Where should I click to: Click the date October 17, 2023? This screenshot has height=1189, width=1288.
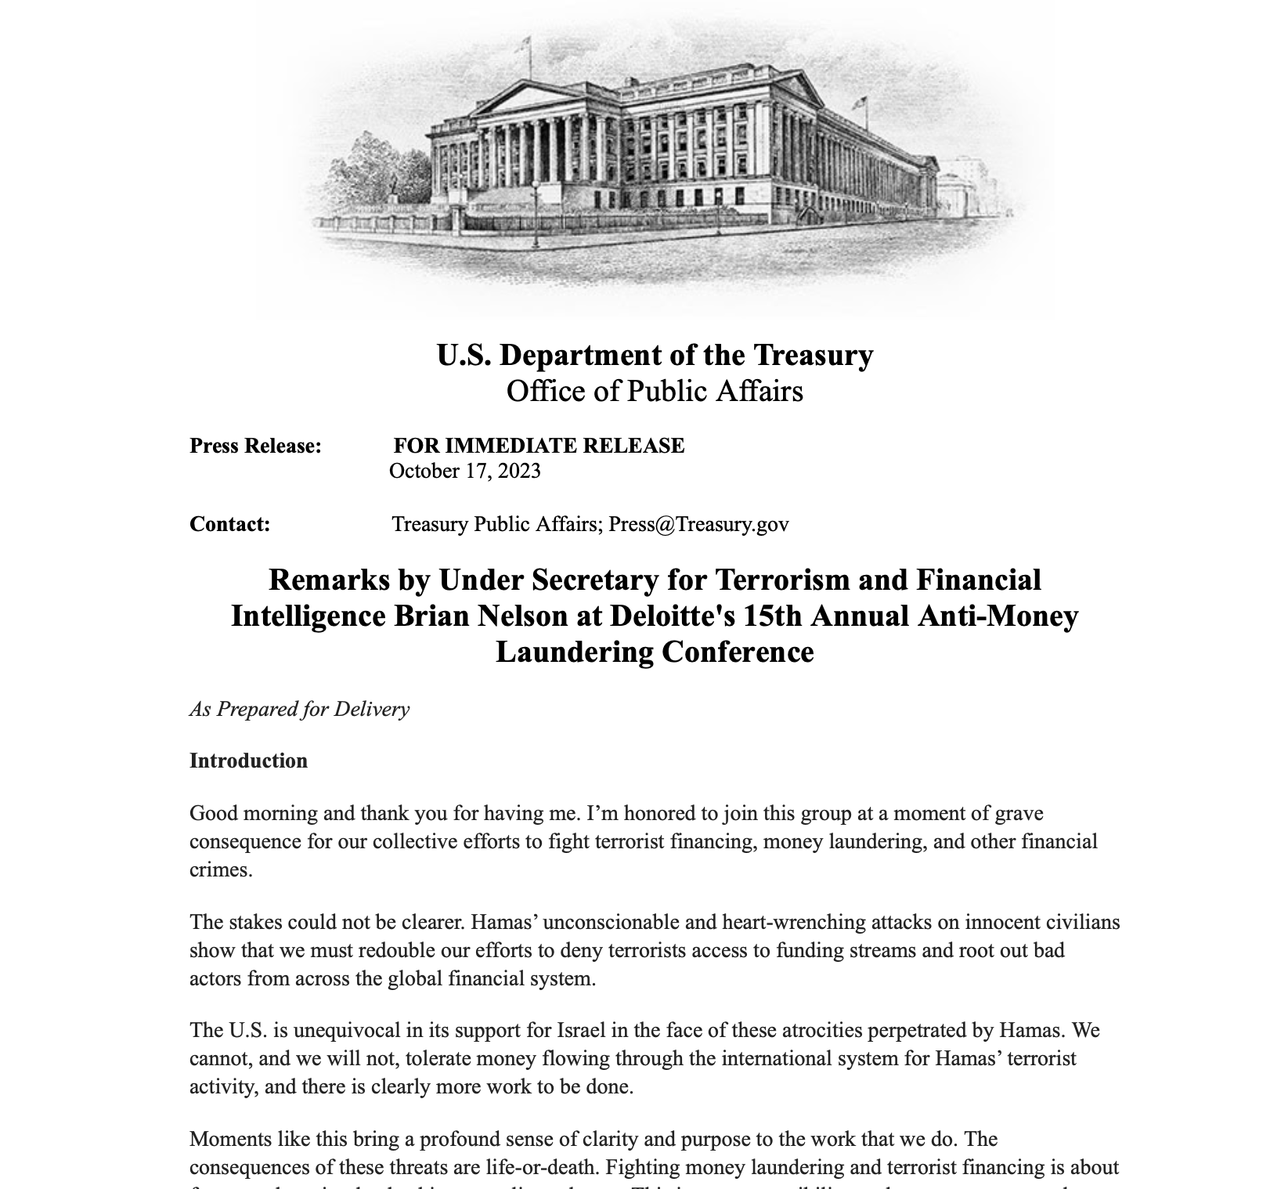point(464,471)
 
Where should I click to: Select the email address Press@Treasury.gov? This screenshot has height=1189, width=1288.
point(698,524)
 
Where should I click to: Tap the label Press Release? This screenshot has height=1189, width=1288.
point(255,446)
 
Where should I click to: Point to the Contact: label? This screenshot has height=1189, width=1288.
point(229,524)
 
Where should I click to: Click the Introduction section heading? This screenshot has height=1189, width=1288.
point(248,761)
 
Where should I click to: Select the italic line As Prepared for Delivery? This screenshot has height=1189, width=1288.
point(299,709)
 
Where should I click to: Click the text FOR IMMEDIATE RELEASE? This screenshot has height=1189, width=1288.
point(539,446)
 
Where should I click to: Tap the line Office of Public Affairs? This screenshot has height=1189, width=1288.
point(655,391)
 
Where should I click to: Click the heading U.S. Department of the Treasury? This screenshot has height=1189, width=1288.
point(655,355)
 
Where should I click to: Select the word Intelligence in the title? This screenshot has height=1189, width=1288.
point(308,616)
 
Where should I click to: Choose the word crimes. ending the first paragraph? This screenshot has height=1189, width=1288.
point(221,869)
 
